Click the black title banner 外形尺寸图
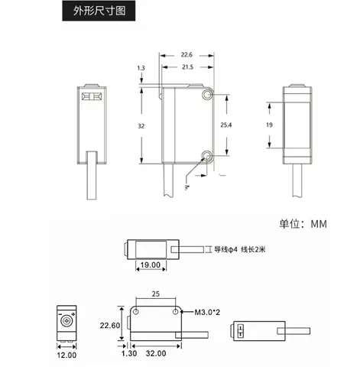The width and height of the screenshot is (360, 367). [99, 11]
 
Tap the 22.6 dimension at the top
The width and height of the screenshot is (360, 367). [186, 55]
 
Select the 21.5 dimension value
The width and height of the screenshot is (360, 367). [187, 67]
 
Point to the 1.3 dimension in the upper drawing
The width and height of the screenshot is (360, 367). [141, 68]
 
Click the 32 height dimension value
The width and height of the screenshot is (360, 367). [141, 126]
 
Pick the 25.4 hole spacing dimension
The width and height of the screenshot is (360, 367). [226, 125]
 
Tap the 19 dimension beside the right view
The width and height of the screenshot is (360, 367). [269, 125]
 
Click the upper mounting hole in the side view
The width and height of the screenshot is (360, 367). [207, 95]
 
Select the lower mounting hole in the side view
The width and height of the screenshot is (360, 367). [206, 155]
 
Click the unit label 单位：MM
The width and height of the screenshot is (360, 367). [303, 224]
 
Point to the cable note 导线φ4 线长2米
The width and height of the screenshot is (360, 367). [240, 249]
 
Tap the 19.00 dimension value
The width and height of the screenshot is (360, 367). [151, 265]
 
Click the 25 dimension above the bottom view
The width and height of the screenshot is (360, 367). [156, 294]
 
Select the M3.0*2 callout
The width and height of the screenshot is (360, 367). [207, 312]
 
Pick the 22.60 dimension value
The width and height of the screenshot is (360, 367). [110, 326]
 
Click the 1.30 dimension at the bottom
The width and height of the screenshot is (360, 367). [129, 353]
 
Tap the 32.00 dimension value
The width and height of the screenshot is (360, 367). [156, 353]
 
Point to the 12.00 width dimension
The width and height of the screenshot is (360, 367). [66, 355]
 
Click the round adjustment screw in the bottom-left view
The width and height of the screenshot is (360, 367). [66, 320]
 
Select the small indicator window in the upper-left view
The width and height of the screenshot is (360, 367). [92, 96]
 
